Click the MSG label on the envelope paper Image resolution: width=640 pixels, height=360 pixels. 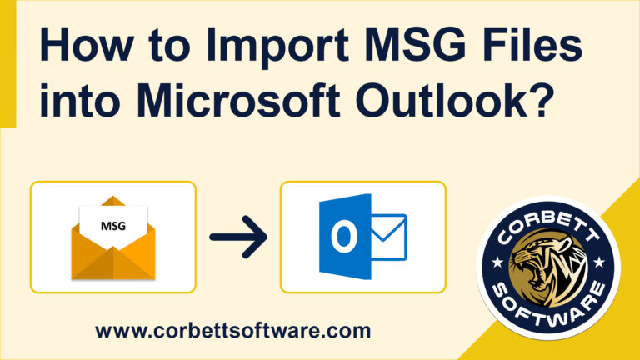112,226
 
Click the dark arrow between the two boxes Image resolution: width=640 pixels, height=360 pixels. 237,237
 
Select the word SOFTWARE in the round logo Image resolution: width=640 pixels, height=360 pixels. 548,309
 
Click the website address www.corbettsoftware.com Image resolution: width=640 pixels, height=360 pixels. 232,330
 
